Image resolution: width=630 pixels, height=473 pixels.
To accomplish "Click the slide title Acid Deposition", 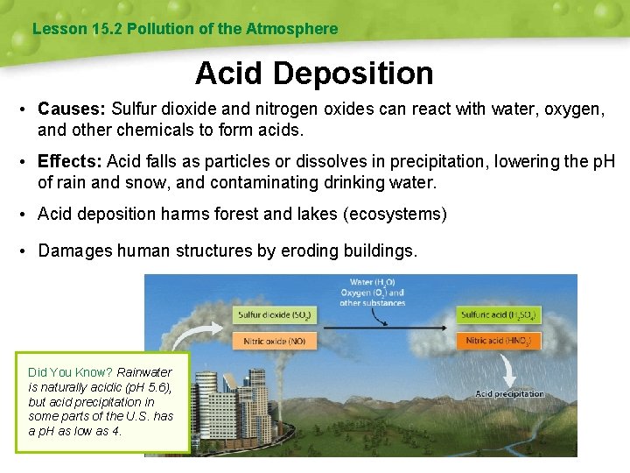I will click(314, 73).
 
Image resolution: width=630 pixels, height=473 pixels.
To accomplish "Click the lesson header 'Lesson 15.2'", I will click(77, 29).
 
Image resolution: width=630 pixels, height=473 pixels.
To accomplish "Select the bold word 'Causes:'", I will click(72, 110).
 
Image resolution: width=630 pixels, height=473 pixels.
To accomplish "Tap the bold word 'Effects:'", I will click(70, 162).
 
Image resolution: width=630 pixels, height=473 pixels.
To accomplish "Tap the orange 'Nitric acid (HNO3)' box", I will click(499, 340).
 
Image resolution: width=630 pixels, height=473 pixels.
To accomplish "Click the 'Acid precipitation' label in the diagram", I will click(509, 393).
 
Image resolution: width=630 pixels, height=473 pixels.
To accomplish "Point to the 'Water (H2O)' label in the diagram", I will click(372, 283).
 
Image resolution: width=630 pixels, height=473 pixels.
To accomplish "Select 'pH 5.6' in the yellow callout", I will click(143, 387).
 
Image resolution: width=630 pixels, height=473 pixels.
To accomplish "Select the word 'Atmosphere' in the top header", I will click(291, 29).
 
